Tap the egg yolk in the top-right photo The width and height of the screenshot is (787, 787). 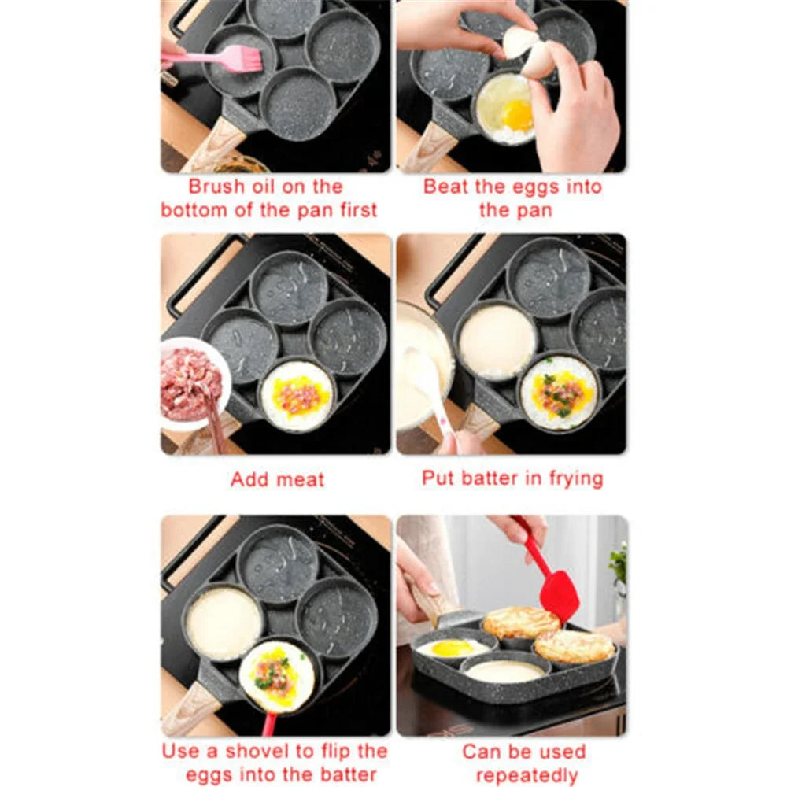pyautogui.click(x=518, y=116)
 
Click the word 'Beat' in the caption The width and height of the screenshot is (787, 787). pyautogui.click(x=445, y=187)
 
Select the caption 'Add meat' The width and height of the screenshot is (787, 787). pyautogui.click(x=277, y=479)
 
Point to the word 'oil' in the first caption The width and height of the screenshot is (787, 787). pyautogui.click(x=276, y=187)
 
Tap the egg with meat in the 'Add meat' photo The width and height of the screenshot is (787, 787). pyautogui.click(x=297, y=395)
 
